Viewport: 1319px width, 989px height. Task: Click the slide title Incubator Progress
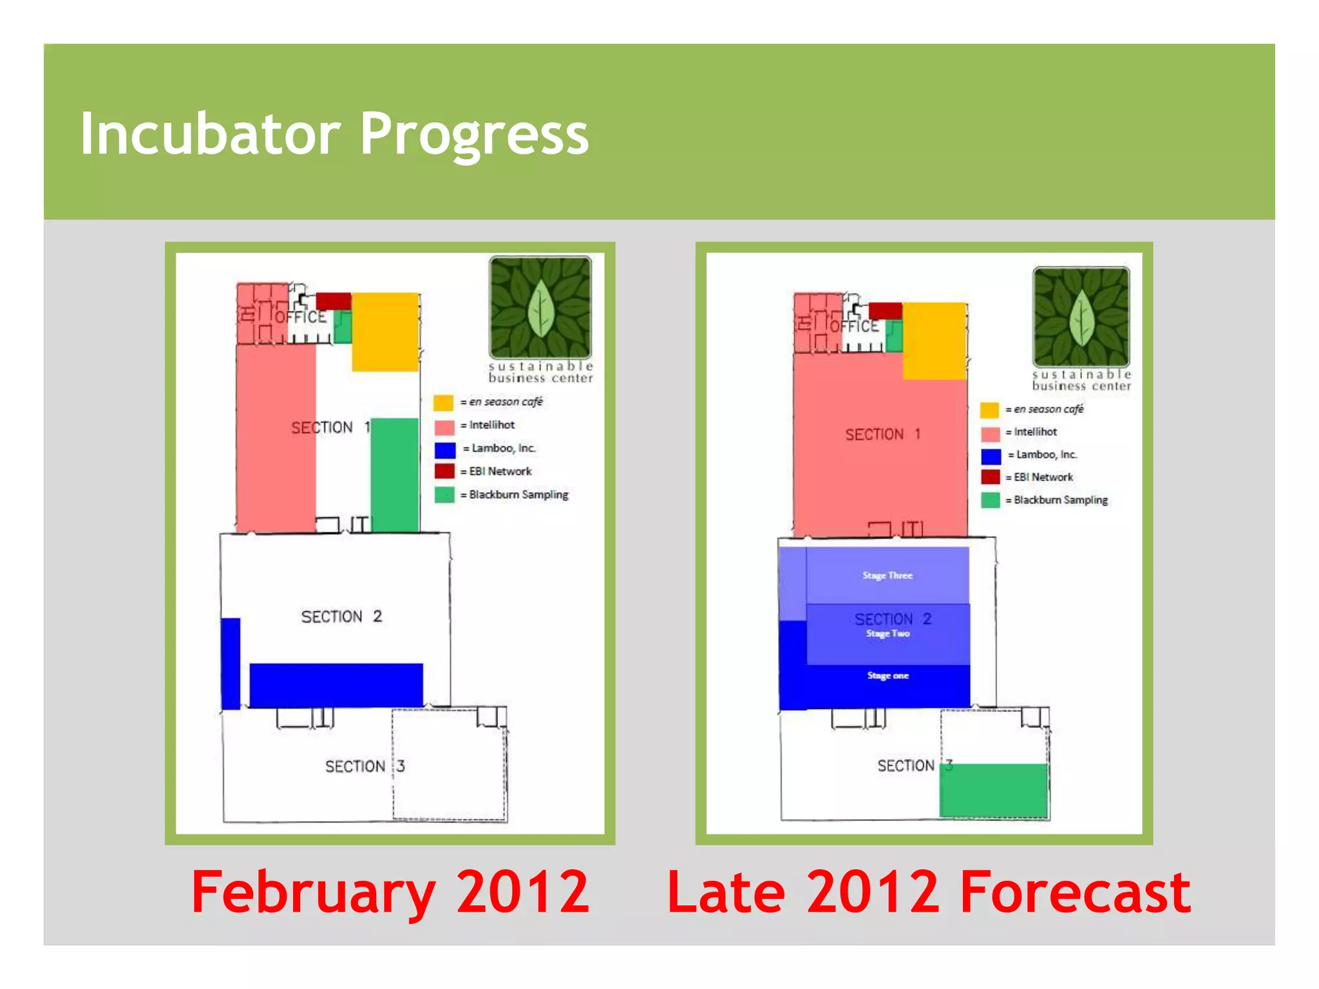(334, 134)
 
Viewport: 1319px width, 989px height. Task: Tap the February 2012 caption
(390, 892)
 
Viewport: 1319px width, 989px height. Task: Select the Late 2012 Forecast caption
(928, 892)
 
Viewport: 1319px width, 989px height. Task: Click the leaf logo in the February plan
(540, 307)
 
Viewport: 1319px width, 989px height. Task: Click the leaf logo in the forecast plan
(1081, 317)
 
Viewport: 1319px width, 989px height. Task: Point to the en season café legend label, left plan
(506, 402)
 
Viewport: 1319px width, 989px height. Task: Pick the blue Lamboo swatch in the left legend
(444, 449)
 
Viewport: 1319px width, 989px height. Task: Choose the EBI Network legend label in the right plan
(1043, 477)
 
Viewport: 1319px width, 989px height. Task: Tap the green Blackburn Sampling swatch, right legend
(990, 500)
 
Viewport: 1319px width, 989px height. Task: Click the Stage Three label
(887, 576)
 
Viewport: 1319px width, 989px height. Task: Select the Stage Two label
(887, 634)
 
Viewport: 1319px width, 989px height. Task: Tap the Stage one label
(887, 675)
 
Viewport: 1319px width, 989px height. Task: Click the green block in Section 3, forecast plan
(993, 790)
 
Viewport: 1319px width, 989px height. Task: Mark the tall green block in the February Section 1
(395, 475)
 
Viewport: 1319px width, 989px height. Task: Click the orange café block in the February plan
(385, 332)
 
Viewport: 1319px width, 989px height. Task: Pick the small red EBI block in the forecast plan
(885, 311)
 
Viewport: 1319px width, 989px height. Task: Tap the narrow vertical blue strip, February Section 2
(231, 663)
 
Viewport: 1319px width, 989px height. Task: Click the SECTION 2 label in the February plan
(341, 617)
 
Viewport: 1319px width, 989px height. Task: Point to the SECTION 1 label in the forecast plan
(882, 435)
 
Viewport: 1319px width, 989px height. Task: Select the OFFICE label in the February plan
(301, 317)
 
